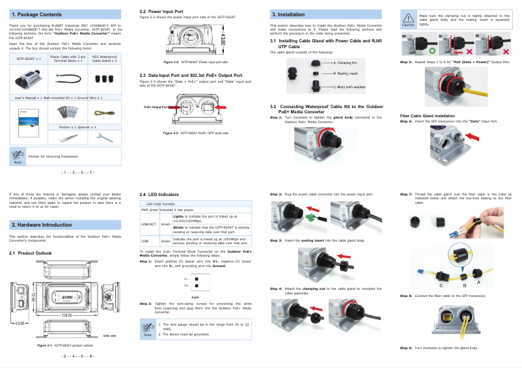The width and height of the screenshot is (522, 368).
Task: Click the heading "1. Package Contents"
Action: point(37,14)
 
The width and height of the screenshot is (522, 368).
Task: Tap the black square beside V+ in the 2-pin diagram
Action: point(196,285)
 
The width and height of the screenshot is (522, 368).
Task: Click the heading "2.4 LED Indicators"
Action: point(159,195)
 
